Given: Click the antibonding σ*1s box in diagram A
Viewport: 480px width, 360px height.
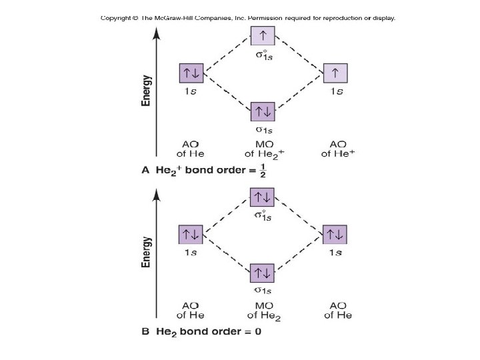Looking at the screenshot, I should coord(262,35).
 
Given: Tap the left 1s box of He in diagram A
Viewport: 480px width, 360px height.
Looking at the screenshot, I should coord(191,73).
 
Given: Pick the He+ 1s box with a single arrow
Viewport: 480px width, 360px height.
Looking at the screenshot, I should coord(335,73).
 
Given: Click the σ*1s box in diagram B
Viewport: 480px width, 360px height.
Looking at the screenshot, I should coord(262,197).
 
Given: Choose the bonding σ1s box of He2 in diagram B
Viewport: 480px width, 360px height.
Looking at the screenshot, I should coord(262,273).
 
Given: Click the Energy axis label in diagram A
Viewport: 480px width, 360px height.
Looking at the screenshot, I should coord(146,90).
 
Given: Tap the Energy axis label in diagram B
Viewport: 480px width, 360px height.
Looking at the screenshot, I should coord(146,252).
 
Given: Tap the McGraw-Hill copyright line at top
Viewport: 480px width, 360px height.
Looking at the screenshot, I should coord(248,18).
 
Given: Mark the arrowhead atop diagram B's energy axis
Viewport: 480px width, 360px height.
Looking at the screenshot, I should coord(156,193).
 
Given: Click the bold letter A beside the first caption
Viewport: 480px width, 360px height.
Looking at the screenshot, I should coord(146,170).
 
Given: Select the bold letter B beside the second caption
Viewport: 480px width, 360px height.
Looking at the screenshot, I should coord(146,331).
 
